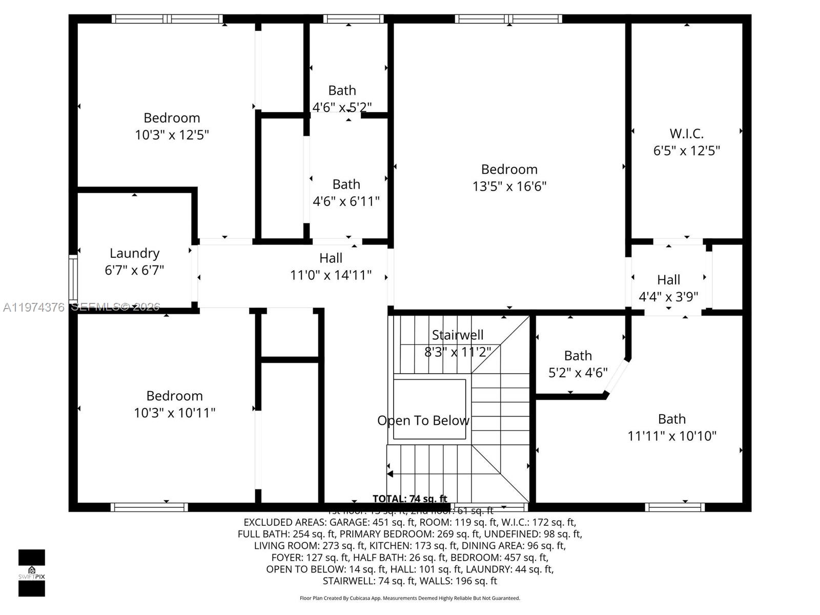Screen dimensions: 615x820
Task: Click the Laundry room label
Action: [134, 253]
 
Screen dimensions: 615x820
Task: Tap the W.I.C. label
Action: [686, 134]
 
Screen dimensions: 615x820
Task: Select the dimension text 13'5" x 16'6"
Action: [509, 186]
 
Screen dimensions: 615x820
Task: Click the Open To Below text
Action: [423, 420]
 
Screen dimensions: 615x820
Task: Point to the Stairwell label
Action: [457, 335]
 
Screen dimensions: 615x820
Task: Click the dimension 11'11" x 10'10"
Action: [671, 436]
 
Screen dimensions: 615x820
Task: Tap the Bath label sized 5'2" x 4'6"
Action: [578, 356]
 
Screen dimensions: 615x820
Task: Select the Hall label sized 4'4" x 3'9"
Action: [668, 280]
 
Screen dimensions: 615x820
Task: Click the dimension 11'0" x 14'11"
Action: [331, 275]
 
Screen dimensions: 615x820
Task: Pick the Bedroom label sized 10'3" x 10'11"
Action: [174, 396]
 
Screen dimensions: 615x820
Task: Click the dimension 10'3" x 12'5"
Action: [172, 135]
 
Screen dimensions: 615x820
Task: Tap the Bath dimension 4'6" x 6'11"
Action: [346, 201]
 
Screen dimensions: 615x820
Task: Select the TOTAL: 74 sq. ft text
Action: [409, 499]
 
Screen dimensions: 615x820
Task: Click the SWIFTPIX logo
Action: [32, 572]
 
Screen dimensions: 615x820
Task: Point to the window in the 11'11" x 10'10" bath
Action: [674, 507]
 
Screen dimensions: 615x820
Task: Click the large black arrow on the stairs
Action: [391, 474]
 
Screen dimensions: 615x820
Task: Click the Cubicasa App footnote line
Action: [409, 598]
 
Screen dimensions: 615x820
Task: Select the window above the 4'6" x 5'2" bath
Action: [353, 19]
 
